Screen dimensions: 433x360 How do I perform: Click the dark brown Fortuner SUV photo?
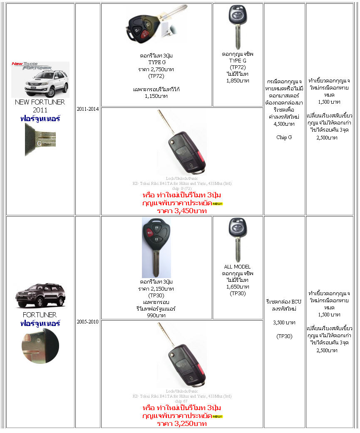[40, 296]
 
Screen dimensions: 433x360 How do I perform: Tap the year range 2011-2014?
[87, 109]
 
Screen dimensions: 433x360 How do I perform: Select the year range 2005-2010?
[87, 322]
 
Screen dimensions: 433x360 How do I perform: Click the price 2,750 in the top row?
[156, 69]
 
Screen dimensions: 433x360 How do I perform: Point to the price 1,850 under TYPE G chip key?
[238, 81]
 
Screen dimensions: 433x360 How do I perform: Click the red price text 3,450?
[181, 211]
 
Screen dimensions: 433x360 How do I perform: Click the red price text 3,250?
[181, 423]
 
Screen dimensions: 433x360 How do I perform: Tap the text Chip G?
[284, 137]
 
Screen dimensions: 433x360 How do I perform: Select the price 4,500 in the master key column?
[284, 124]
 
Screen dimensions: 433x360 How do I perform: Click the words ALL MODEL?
[237, 267]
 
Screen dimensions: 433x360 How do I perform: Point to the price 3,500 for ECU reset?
[284, 322]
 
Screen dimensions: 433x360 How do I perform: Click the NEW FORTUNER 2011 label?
[40, 106]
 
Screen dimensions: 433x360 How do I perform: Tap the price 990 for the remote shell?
[156, 315]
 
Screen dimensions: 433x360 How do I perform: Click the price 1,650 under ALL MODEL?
[238, 287]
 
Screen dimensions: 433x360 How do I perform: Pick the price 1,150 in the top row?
[156, 96]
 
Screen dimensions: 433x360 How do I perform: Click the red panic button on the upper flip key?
[200, 158]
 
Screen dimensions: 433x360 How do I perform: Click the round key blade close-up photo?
[40, 346]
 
